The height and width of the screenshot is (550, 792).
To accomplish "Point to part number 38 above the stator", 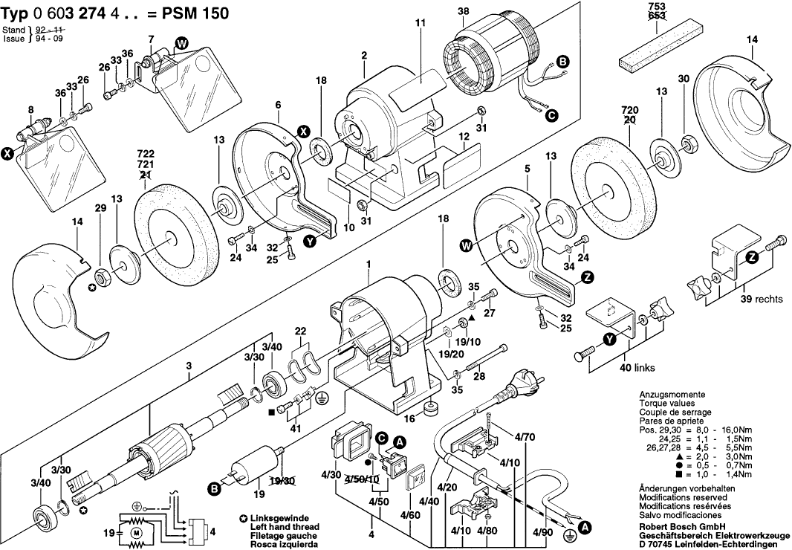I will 464,11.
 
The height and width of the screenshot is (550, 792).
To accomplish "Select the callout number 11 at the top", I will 420,24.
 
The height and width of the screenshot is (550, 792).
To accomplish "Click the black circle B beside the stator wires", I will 562,62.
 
